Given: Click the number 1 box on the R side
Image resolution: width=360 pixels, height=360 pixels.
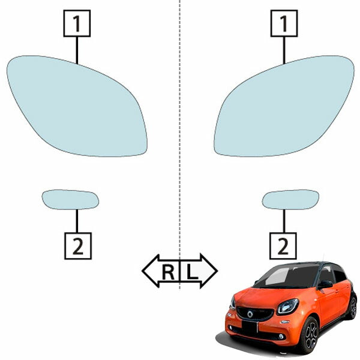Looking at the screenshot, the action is click(x=77, y=23).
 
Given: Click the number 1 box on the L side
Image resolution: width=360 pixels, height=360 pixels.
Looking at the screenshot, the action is click(x=284, y=23).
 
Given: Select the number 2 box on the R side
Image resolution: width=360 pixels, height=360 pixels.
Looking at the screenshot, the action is click(x=78, y=246).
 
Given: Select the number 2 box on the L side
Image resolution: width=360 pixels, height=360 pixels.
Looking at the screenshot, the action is click(x=283, y=246).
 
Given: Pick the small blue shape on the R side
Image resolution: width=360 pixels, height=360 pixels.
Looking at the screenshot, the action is click(x=70, y=200).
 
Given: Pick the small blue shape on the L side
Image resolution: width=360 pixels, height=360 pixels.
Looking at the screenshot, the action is click(x=290, y=200).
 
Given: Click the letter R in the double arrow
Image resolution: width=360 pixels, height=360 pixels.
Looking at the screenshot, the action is click(x=168, y=272).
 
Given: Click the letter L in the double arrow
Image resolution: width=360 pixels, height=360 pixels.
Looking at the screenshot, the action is click(x=192, y=272).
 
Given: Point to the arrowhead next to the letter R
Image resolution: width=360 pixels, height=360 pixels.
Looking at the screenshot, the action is click(x=151, y=271).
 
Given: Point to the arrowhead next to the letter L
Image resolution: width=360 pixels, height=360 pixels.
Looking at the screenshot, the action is click(x=209, y=271).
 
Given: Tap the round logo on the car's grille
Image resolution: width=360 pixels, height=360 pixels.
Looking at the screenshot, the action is click(x=250, y=314).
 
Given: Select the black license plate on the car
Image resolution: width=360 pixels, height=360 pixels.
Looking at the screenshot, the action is click(x=250, y=328).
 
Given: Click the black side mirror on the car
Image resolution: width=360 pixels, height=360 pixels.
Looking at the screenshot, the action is click(x=325, y=284).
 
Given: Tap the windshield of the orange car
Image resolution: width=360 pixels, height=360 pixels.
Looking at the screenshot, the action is click(x=286, y=277).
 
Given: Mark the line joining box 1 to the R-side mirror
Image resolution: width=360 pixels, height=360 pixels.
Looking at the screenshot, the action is click(x=77, y=50).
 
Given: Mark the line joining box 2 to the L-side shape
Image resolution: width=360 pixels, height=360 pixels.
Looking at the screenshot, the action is click(x=284, y=221).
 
